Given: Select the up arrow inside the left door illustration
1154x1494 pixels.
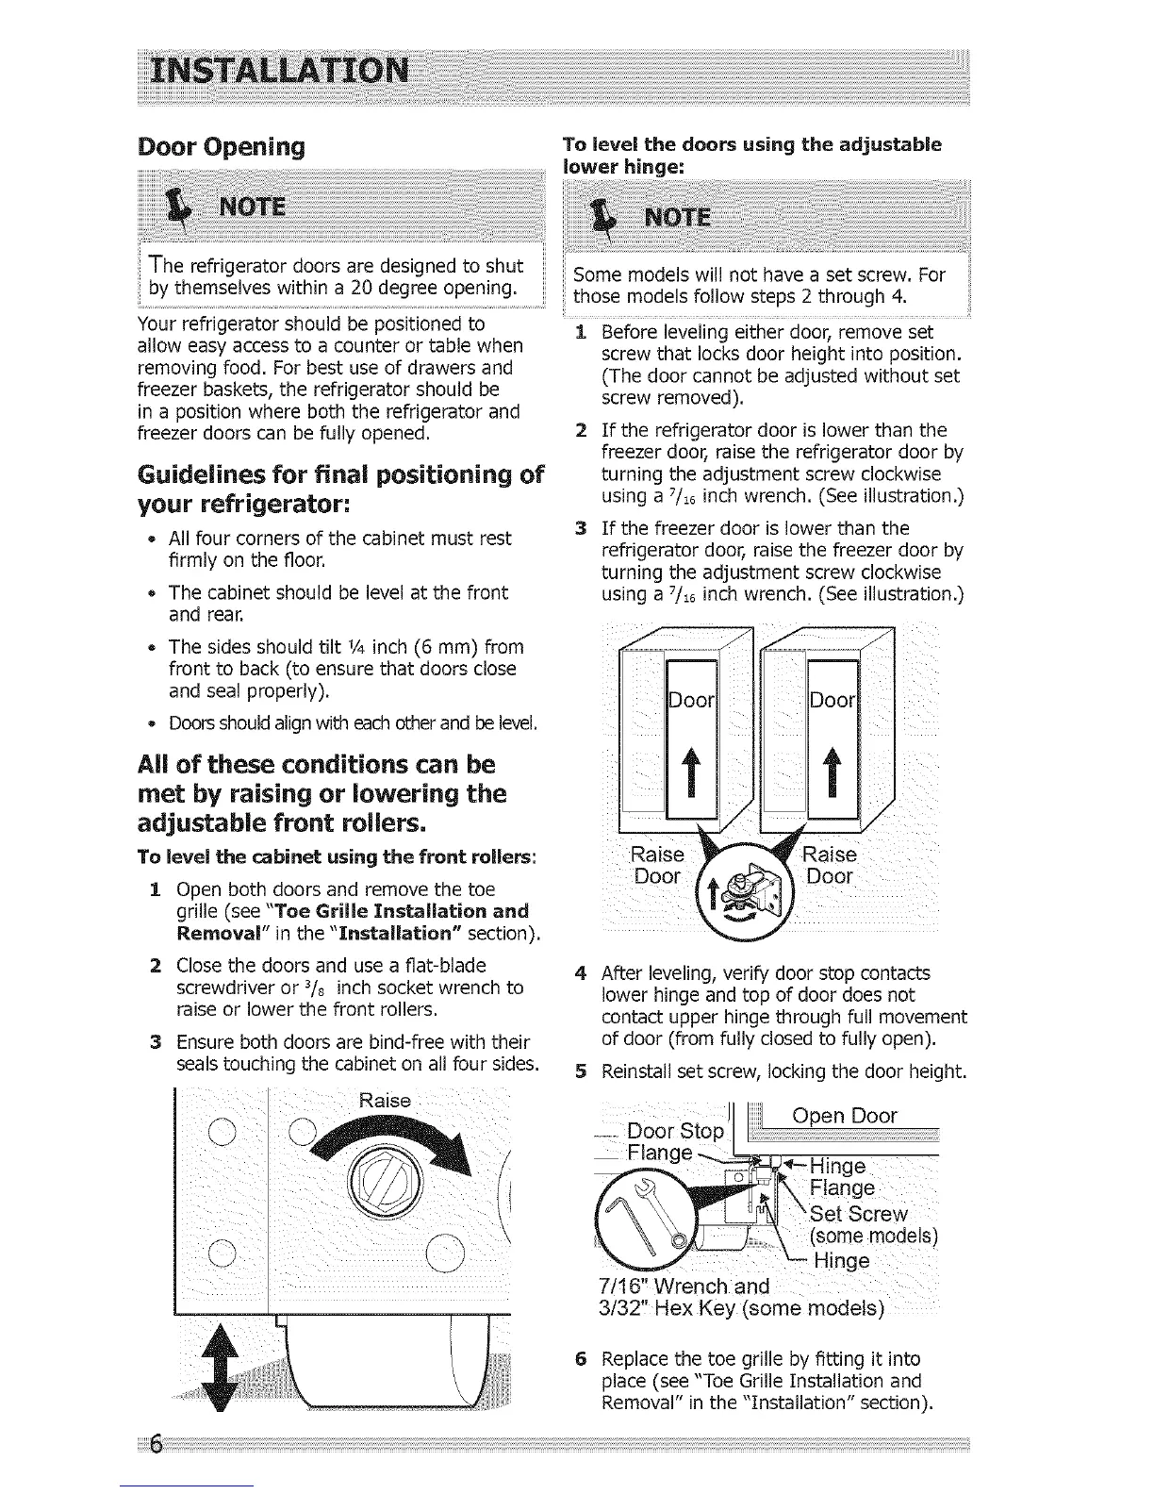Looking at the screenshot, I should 691,758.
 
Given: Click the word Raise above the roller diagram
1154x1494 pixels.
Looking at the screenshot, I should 386,1101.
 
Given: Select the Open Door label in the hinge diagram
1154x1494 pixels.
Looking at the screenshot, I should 845,1117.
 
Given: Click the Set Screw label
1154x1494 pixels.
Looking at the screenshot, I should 859,1214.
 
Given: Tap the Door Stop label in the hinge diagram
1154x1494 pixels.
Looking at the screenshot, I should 675,1131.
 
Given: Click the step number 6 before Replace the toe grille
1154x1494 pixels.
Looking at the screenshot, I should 583,1359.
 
